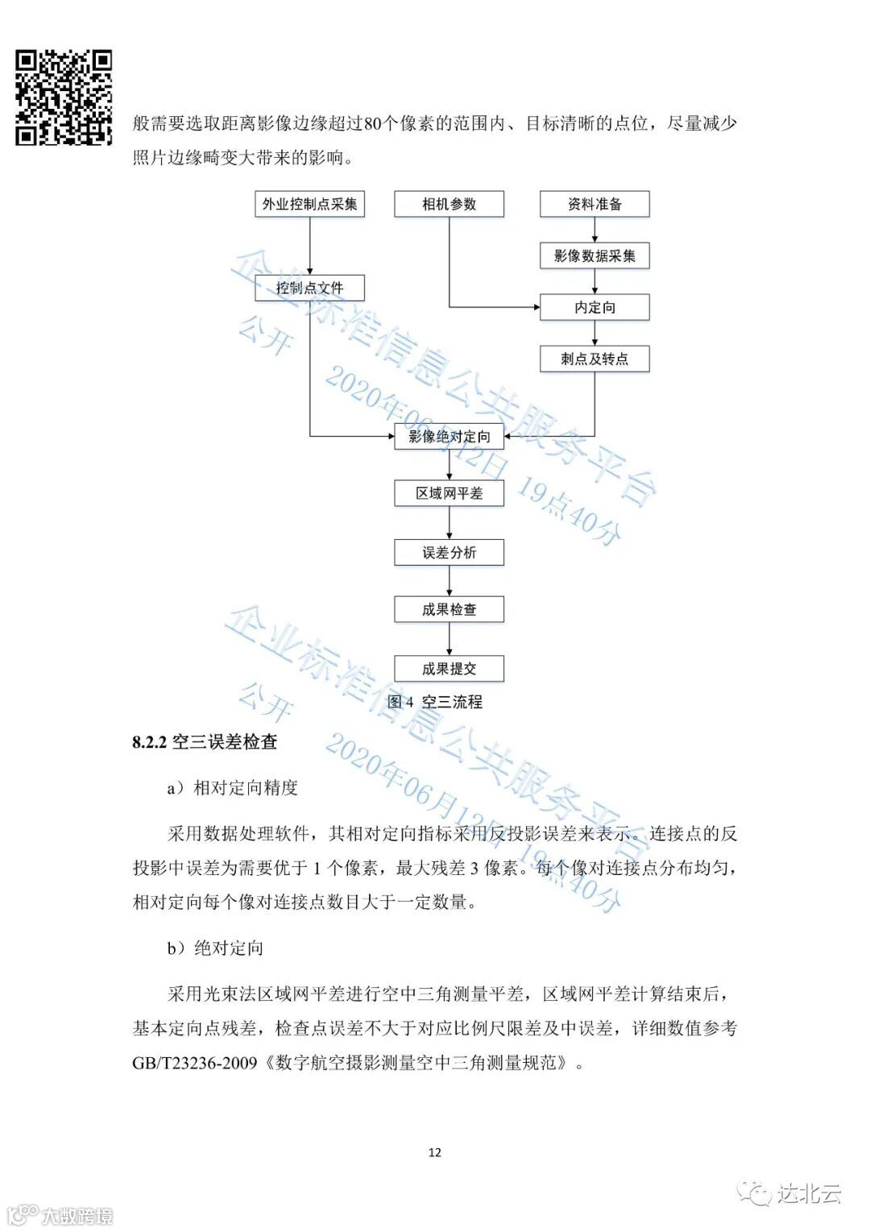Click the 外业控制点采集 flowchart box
pos(309,204)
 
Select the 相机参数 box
pos(449,204)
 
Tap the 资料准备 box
pos(594,204)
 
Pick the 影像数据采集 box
pos(594,256)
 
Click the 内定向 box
pos(594,307)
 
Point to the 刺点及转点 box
pos(594,359)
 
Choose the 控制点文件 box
pos(309,288)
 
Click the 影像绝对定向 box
pos(449,437)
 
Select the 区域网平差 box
pos(449,493)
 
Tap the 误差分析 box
pos(449,553)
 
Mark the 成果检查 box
pos(449,609)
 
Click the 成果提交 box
pos(449,669)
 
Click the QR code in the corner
pos(64,97)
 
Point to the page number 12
pos(435,1152)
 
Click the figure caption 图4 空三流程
pos(435,702)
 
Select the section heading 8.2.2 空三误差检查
pos(205,742)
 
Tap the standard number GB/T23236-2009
pos(194,1063)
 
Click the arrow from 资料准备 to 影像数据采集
pos(594,230)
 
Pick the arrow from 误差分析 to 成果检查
pos(449,581)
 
